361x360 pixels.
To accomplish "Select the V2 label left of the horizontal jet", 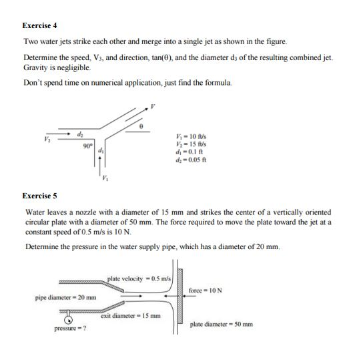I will pos(46,140).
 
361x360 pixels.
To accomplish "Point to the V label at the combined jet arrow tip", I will pos(153,105).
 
